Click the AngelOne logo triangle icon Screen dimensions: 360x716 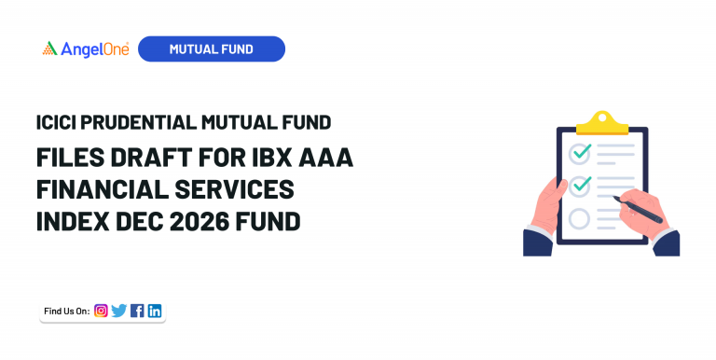(x=49, y=48)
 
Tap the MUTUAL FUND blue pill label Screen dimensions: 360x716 (x=211, y=49)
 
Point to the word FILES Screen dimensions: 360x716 (x=67, y=158)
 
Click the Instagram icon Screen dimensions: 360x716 (x=101, y=311)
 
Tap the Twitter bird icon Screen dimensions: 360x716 (x=118, y=311)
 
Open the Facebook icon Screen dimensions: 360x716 (x=137, y=311)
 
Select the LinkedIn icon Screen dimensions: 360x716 (x=155, y=311)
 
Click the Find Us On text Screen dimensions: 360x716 (x=66, y=311)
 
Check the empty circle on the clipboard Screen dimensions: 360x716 (x=580, y=219)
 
